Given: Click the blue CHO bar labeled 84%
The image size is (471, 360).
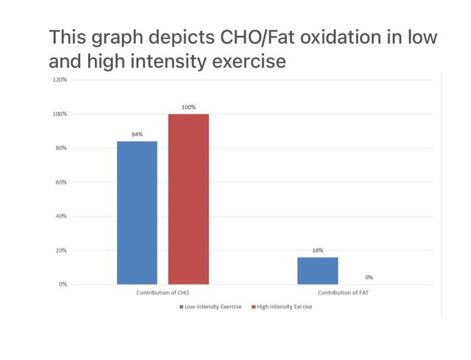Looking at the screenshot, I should (x=137, y=213).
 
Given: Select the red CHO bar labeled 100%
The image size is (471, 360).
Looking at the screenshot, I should (x=188, y=199).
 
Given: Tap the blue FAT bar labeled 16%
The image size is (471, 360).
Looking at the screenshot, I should (x=318, y=271).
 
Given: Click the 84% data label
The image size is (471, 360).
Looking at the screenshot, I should (x=137, y=135).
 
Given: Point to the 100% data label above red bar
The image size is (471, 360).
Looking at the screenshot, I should (x=188, y=107).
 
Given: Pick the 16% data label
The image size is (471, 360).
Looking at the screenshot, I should (x=318, y=250).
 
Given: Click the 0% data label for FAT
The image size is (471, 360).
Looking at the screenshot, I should (x=369, y=277).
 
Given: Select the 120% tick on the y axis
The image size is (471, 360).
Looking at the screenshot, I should (x=59, y=80).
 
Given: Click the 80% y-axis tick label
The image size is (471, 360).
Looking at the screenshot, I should (x=61, y=148).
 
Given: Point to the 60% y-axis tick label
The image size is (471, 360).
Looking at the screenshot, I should (x=61, y=182).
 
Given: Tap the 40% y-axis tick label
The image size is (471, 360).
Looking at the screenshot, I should (x=61, y=217).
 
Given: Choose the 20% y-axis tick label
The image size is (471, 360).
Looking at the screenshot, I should (x=61, y=250).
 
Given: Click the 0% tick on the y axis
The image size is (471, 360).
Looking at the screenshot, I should (x=62, y=285).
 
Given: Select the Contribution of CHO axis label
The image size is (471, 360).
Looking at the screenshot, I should (x=162, y=293).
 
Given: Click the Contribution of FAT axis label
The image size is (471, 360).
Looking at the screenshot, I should (x=343, y=293).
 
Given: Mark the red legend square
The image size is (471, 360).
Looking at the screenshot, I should (x=254, y=307).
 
